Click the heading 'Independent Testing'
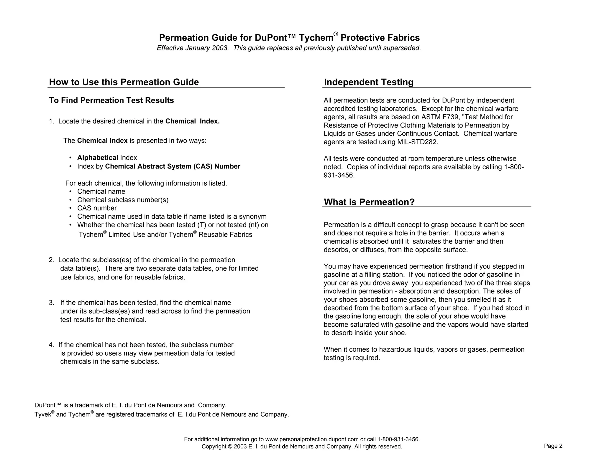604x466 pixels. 368,82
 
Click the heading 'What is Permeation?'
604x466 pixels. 369,202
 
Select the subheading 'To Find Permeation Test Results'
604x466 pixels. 111,100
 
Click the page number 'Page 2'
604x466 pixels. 553,446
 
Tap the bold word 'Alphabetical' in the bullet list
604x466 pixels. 97,158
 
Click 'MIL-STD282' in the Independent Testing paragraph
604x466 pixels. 417,142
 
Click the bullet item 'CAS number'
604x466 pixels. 97,208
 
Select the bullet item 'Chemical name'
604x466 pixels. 101,192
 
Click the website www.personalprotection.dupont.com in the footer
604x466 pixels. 312,439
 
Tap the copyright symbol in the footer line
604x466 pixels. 230,447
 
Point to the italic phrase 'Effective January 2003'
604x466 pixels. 193,48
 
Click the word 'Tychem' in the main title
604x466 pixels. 316,38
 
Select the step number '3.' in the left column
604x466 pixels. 52,303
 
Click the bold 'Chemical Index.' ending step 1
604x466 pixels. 192,121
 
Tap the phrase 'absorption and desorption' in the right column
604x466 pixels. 436,291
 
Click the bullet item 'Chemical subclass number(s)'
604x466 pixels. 123,200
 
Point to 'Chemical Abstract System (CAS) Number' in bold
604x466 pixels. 173,166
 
